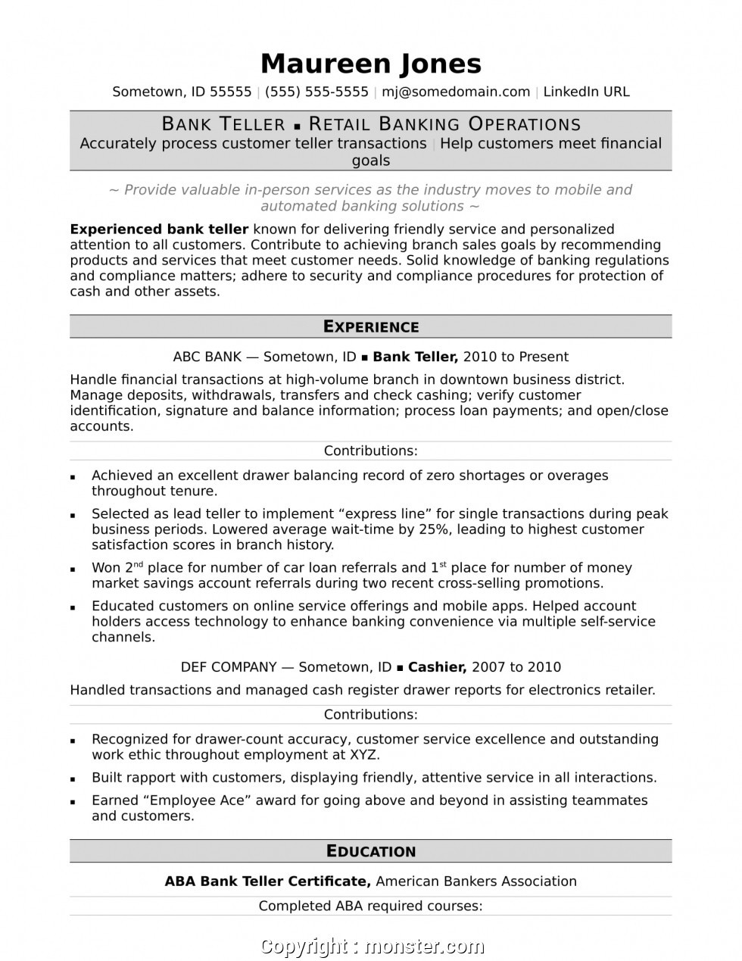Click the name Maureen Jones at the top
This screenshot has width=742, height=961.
pyautogui.click(x=371, y=64)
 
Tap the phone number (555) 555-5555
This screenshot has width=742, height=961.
pyautogui.click(x=316, y=92)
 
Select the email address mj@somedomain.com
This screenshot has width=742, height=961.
pyautogui.click(x=456, y=92)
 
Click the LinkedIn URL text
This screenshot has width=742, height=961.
pyautogui.click(x=586, y=92)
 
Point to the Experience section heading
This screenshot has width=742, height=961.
pyautogui.click(x=371, y=326)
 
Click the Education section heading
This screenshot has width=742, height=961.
pyautogui.click(x=371, y=851)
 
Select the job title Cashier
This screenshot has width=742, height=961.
pyautogui.click(x=437, y=667)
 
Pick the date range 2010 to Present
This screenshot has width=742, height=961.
pyautogui.click(x=516, y=357)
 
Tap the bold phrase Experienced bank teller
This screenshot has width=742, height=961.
pyautogui.click(x=159, y=229)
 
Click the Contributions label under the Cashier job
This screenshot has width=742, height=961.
pyautogui.click(x=371, y=714)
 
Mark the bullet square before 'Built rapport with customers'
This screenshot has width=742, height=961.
pyautogui.click(x=73, y=778)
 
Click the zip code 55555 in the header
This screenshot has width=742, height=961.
pyautogui.click(x=230, y=92)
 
